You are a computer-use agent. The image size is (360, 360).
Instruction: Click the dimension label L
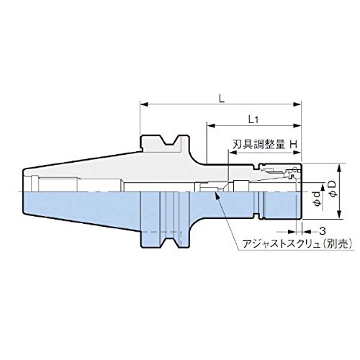pos(222,99)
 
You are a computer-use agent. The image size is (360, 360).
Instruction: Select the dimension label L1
pos(253,120)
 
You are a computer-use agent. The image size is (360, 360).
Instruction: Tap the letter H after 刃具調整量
pos(294,145)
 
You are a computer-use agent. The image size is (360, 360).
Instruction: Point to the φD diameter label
pos(334,189)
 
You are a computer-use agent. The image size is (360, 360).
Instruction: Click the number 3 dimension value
pos(323,231)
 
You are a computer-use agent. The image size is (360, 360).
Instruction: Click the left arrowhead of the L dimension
pos(144,104)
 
